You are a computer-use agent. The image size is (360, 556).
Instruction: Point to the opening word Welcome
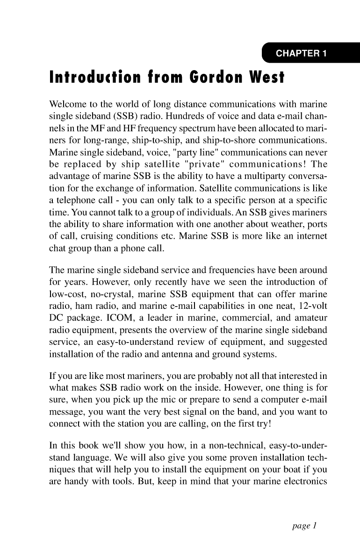[x=66, y=103]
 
